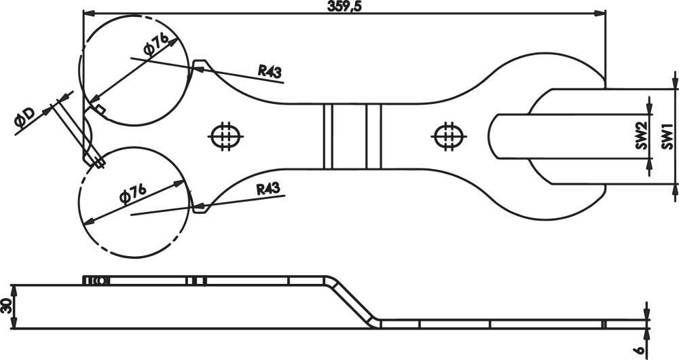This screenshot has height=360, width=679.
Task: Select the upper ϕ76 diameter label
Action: [x=156, y=44]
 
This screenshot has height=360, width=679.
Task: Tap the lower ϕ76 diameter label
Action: [x=133, y=193]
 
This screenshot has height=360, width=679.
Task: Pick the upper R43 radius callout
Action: [x=270, y=70]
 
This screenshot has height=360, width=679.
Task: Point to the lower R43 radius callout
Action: [x=268, y=189]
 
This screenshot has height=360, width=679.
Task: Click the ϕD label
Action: [x=24, y=117]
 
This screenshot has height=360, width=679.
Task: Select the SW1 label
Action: [x=667, y=137]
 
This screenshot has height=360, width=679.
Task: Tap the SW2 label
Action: [x=642, y=137]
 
